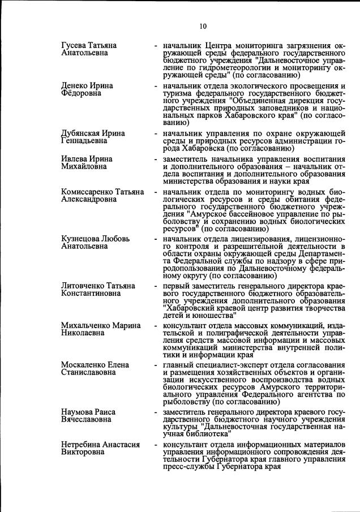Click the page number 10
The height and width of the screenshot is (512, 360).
(x=203, y=25)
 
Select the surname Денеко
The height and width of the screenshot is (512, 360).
(x=76, y=86)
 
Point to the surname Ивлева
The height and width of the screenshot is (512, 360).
(x=75, y=160)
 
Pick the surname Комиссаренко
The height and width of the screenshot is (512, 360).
(x=88, y=192)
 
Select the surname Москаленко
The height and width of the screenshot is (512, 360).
(x=84, y=365)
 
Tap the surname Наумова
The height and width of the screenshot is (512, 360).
(x=77, y=413)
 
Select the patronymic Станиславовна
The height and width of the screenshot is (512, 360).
(x=87, y=373)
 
